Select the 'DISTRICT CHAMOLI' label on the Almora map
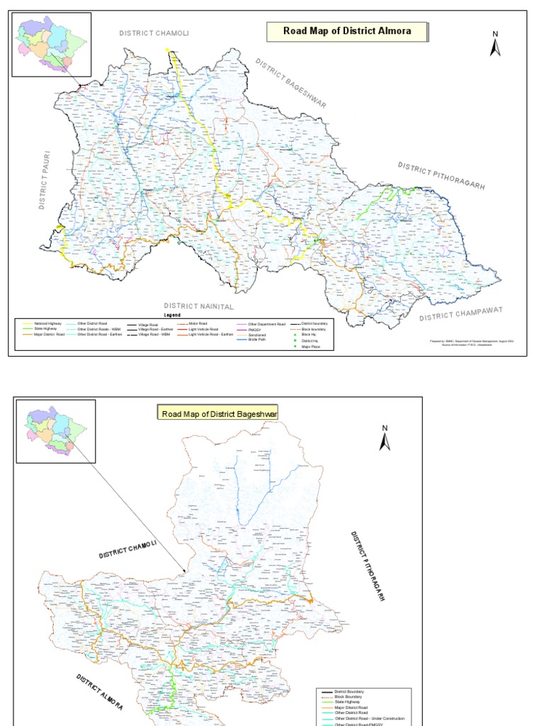[x=154, y=33]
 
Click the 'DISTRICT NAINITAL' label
[x=198, y=306]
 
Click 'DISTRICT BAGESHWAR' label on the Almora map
[x=291, y=83]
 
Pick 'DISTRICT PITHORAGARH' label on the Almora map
[x=441, y=175]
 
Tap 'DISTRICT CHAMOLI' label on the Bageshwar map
[x=127, y=550]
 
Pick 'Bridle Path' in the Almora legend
[x=256, y=340]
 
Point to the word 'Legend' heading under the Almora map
[x=173, y=314]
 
